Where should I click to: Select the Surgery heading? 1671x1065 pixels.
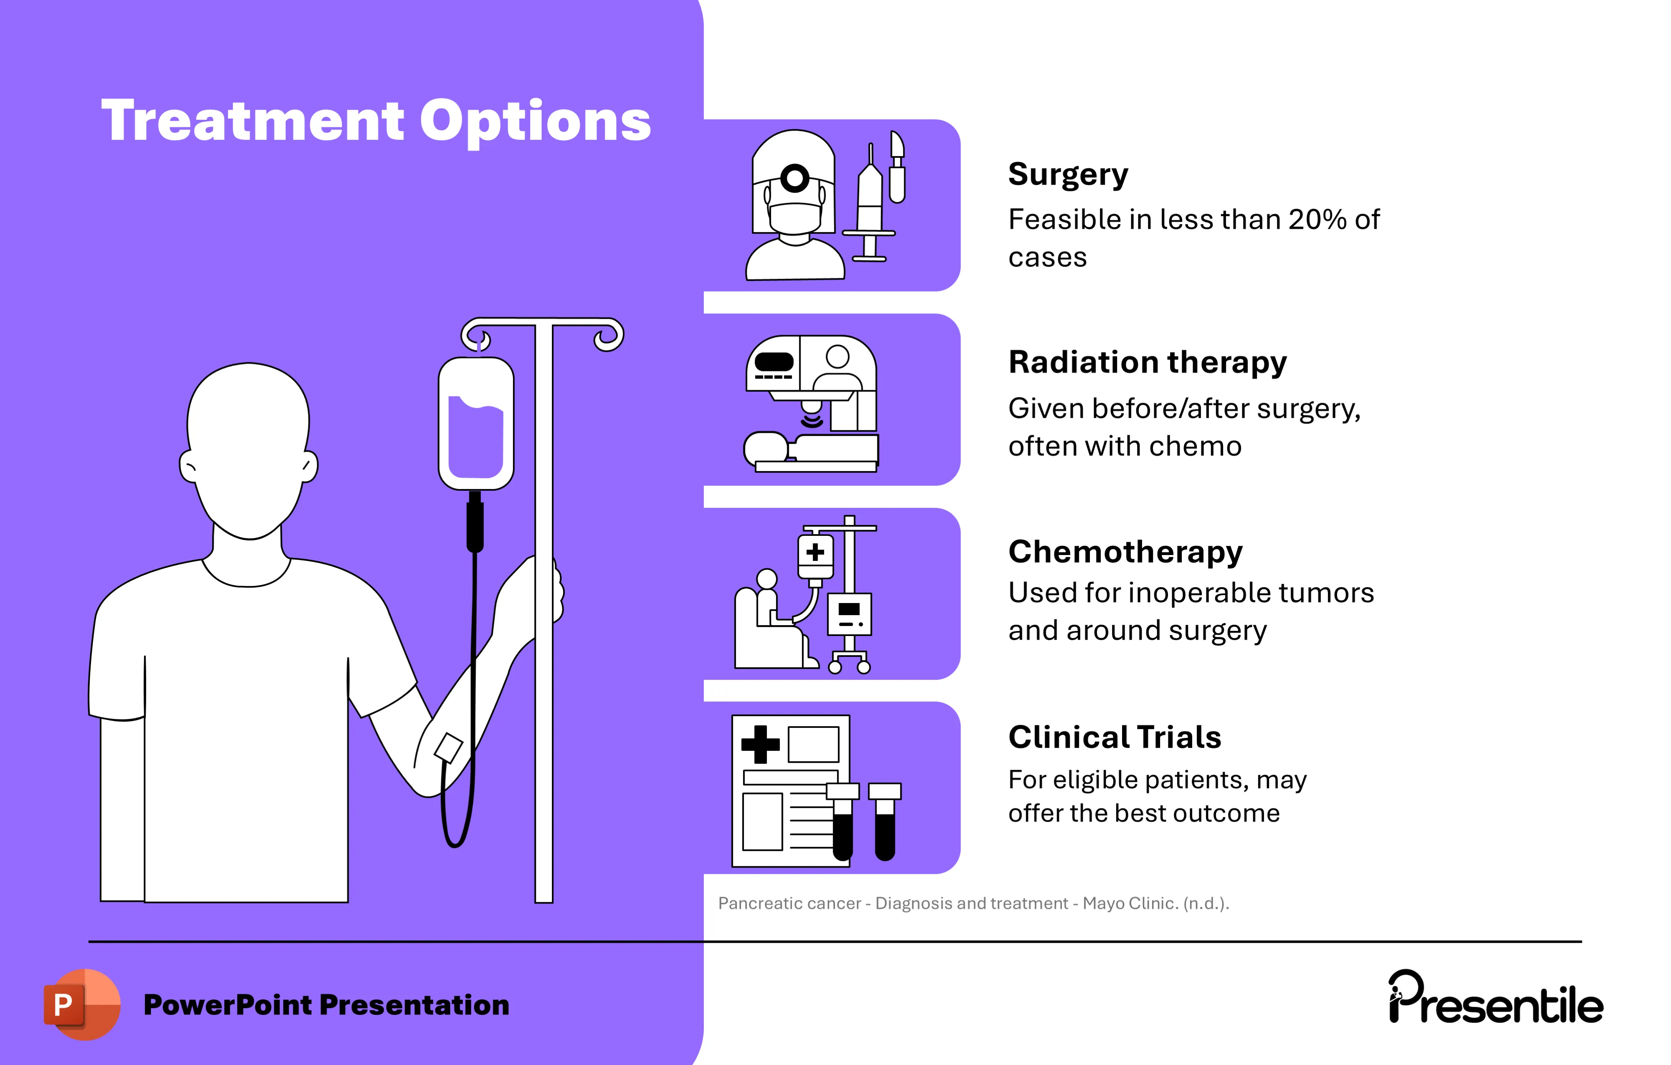pyautogui.click(x=1067, y=174)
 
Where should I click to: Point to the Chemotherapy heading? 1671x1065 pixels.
pyautogui.click(x=1125, y=552)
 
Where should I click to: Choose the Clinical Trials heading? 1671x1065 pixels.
pyautogui.click(x=1115, y=737)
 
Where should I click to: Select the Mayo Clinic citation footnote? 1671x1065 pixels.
pyautogui.click(x=973, y=903)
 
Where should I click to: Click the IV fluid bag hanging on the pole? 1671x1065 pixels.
pyautogui.click(x=476, y=423)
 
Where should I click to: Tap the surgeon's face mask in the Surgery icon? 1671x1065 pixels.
pyautogui.click(x=794, y=217)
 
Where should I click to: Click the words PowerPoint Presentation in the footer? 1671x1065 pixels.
pyautogui.click(x=326, y=1004)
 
